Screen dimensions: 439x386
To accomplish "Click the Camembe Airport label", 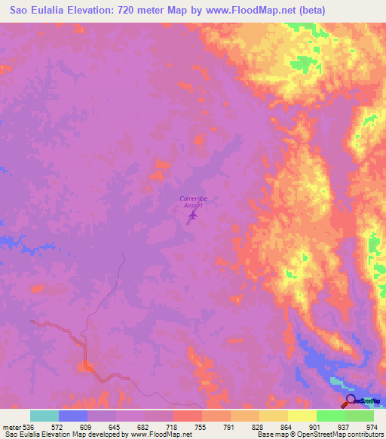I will pos(194,201).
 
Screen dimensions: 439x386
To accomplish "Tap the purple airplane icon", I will pos(192,217).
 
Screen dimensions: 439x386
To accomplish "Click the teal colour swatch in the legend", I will pos(44,416).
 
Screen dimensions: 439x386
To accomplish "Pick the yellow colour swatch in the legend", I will pos(302,416).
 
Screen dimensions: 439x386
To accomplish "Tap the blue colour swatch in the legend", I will pos(73,416).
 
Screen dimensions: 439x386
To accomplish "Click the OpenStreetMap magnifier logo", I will pos(350,401).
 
